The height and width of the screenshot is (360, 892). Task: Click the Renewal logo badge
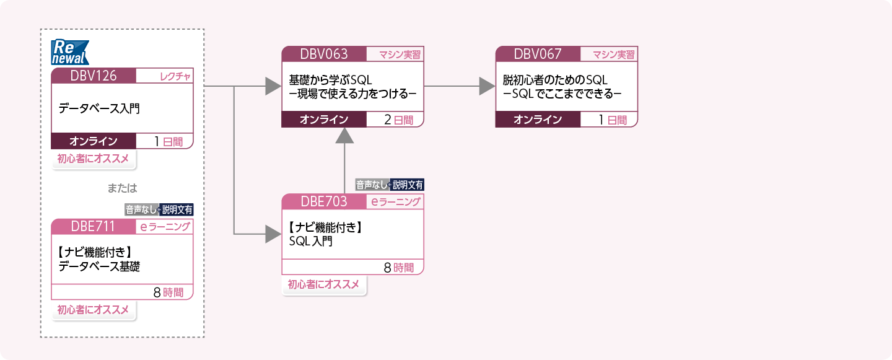tap(69, 52)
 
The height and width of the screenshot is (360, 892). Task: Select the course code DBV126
tap(93, 76)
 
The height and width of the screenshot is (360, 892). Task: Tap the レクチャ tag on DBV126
tap(175, 76)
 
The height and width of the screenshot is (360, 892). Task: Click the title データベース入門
tap(99, 108)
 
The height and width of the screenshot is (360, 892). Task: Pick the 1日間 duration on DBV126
tap(168, 141)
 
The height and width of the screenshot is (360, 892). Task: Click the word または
tap(121, 188)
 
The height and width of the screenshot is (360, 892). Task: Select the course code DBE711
tap(93, 226)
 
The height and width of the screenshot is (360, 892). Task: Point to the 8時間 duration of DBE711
tap(168, 292)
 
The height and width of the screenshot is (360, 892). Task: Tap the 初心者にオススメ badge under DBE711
tap(93, 310)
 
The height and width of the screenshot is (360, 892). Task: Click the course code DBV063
tap(323, 54)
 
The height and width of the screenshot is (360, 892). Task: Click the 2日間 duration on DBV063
tap(398, 120)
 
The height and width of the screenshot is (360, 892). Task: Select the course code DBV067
tap(537, 54)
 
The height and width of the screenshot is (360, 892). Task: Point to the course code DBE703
tap(323, 201)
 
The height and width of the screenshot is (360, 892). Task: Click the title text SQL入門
tap(311, 241)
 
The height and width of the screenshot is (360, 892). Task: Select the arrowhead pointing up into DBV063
tap(344, 138)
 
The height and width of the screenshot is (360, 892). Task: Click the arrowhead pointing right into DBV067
tap(487, 86)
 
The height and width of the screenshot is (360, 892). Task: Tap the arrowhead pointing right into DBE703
tap(273, 234)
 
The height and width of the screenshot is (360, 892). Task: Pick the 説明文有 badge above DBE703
tap(408, 184)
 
